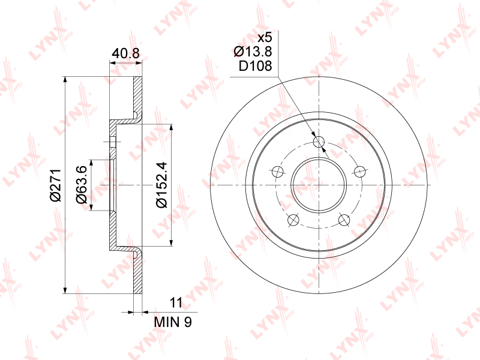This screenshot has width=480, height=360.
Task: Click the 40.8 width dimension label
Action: [x=125, y=53]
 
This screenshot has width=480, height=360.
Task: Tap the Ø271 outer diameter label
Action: [x=56, y=185]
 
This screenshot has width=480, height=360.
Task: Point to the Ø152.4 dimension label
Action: [x=161, y=185]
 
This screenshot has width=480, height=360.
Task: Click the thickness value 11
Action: [x=176, y=302]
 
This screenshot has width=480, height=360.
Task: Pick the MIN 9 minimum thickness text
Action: [x=173, y=322]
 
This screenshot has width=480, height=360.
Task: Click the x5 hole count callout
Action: [x=265, y=38]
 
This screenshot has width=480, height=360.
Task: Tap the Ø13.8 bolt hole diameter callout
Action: [x=253, y=52]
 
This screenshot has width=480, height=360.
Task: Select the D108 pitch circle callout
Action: [x=256, y=66]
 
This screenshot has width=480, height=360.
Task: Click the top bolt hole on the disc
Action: [x=319, y=142]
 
